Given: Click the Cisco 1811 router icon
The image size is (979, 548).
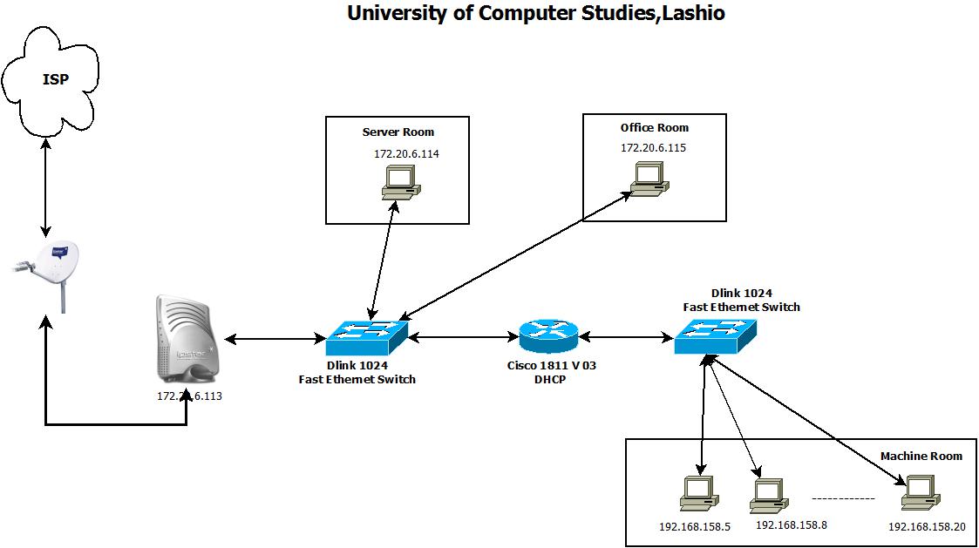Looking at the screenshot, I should [x=547, y=335].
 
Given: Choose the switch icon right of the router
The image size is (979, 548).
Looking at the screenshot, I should [x=715, y=335].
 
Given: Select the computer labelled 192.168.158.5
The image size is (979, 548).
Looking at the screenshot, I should [x=699, y=494].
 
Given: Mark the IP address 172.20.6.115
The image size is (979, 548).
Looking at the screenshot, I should [x=653, y=148].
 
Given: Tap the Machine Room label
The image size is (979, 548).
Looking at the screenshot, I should [x=921, y=456].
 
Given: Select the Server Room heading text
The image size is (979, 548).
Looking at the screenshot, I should [x=398, y=132].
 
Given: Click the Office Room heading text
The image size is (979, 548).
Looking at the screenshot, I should [x=654, y=127].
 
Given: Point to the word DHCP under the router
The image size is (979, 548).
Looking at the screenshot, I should [x=551, y=379].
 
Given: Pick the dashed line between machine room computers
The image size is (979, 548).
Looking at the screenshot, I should [x=843, y=499].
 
